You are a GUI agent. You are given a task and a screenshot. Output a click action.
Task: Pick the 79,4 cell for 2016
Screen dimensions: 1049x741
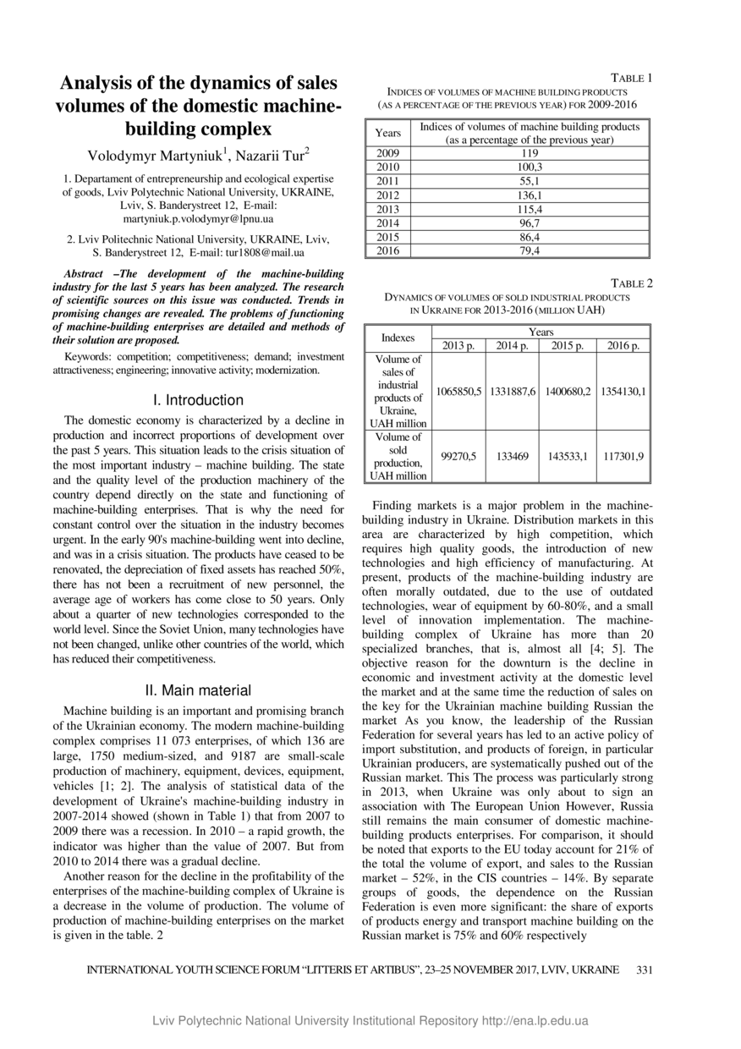pyautogui.click(x=530, y=251)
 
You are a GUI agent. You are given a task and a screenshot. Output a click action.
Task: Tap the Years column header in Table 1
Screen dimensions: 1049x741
pyautogui.click(x=388, y=133)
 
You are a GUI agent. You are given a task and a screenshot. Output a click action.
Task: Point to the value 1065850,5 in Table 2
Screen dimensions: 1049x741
pyautogui.click(x=458, y=391)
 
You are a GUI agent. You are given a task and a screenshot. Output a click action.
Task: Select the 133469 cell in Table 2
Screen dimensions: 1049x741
pyautogui.click(x=513, y=456)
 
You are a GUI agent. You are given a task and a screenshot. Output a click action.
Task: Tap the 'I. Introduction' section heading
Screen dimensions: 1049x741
pyautogui.click(x=198, y=400)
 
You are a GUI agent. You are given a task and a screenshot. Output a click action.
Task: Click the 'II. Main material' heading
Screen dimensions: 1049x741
pyautogui.click(x=198, y=690)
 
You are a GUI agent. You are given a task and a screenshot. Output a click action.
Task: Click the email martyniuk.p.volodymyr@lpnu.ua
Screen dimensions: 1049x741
pyautogui.click(x=199, y=219)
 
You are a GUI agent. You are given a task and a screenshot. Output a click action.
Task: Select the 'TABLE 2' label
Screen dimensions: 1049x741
pyautogui.click(x=632, y=283)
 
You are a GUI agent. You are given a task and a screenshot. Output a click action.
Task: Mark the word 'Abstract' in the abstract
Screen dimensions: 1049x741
pyautogui.click(x=89, y=274)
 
